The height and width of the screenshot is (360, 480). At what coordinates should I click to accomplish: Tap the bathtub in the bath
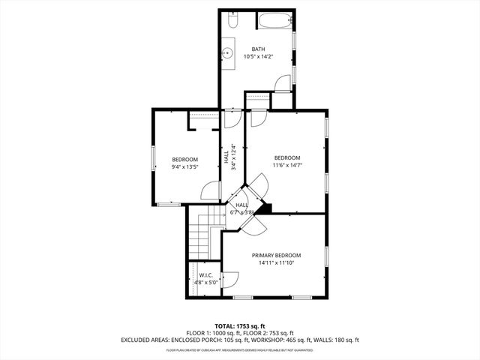[x=274, y=22]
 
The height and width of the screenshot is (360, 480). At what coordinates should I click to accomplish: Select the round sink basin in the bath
[x=229, y=54]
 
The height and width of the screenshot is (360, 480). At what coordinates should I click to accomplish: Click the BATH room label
[x=258, y=49]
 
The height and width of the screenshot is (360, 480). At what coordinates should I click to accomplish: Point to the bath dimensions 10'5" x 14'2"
[x=258, y=56]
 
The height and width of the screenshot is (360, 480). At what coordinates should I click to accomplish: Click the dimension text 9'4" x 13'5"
[x=184, y=167]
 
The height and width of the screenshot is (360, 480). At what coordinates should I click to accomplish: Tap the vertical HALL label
[x=226, y=157]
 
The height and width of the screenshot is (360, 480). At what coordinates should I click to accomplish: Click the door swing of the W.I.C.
[x=230, y=279]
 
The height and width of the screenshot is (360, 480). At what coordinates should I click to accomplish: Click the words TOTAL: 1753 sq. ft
[x=240, y=326]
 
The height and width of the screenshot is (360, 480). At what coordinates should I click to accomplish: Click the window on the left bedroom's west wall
[x=154, y=158]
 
